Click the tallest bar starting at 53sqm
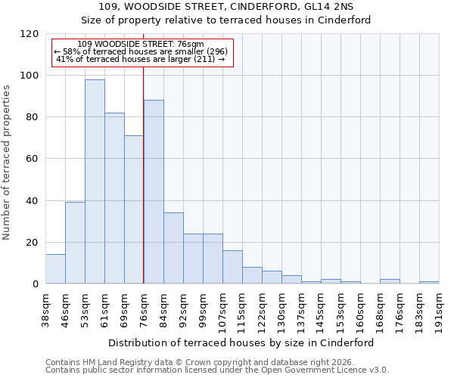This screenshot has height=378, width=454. (95, 181)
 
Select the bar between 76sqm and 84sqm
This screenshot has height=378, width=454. (154, 192)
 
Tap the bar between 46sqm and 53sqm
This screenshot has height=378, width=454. (75, 243)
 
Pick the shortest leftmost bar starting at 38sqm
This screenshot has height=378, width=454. (55, 269)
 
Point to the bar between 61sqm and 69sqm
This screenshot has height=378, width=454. (114, 198)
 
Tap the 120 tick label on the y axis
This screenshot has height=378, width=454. (30, 34)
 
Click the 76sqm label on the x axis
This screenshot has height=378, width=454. (144, 307)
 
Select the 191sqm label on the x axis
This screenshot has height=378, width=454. (439, 307)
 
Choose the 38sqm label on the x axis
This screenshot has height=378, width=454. (45, 307)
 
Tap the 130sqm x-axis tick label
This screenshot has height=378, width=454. (281, 307)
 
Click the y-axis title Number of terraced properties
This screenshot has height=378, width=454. (7, 163)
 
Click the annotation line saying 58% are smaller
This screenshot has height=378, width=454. (141, 51)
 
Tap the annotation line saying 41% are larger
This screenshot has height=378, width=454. (141, 59)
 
